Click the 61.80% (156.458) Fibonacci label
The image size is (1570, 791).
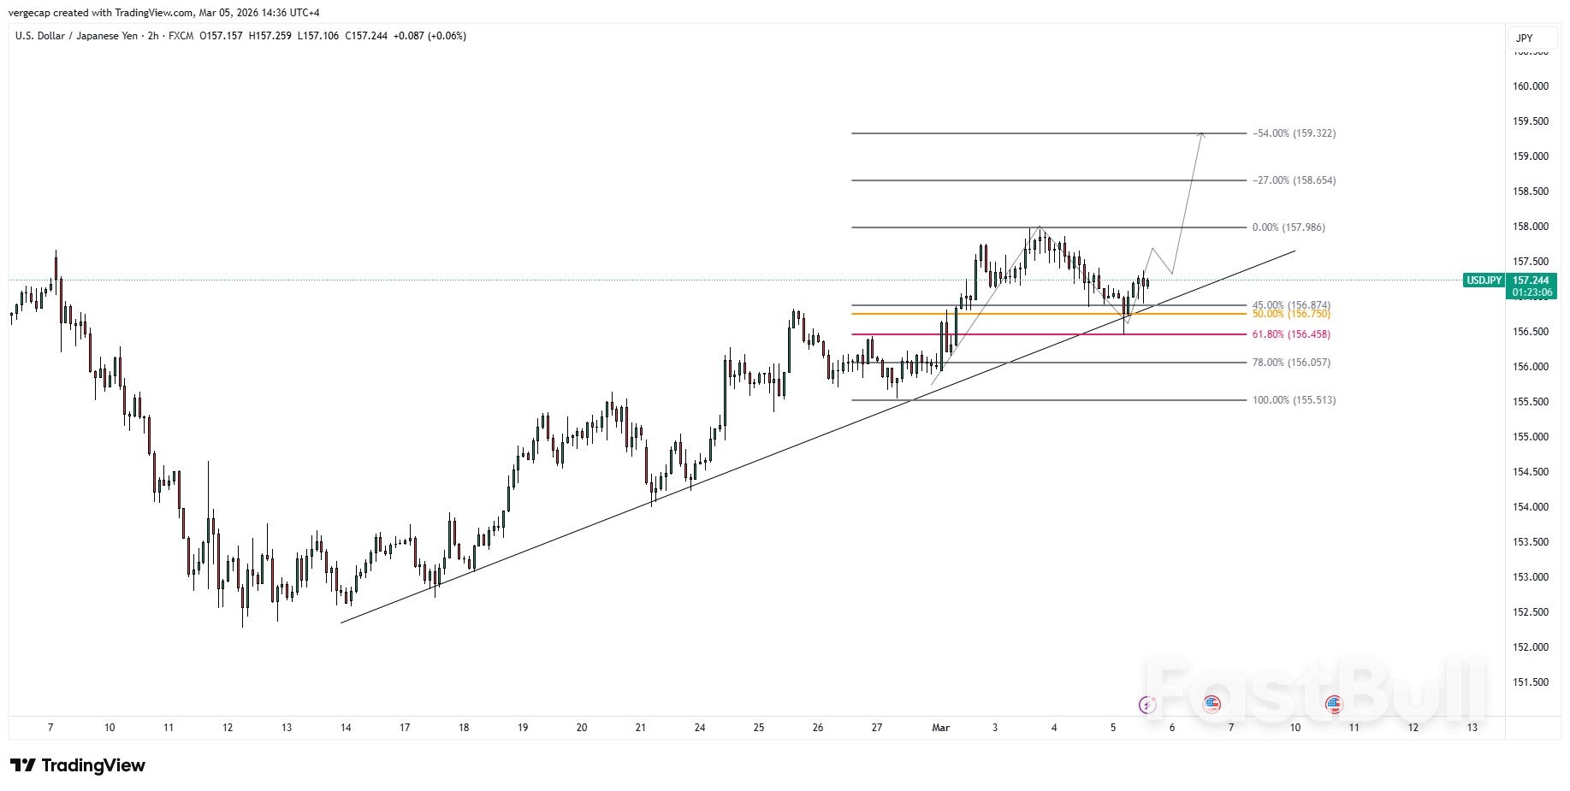(x=1291, y=334)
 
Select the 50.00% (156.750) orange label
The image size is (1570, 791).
(x=1291, y=314)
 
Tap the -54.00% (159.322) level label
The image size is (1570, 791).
(x=1294, y=133)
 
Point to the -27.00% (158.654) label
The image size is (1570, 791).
(x=1294, y=180)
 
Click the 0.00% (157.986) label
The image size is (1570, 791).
(x=1289, y=227)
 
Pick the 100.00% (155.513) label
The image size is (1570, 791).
(x=1294, y=400)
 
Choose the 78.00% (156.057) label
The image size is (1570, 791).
(x=1291, y=363)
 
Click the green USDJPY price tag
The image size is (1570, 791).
(x=1484, y=280)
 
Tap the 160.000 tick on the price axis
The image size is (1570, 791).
(x=1531, y=86)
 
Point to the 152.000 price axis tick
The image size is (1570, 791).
(x=1531, y=647)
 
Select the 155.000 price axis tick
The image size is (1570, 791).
(x=1531, y=437)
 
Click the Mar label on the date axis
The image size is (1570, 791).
(x=940, y=728)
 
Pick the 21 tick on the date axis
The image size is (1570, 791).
(x=641, y=728)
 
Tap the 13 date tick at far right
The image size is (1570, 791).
(x=1472, y=728)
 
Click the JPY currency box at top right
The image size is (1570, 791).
(x=1525, y=38)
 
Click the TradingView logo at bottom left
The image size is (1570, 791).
(x=78, y=765)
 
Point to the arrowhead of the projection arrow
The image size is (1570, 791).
(x=1202, y=134)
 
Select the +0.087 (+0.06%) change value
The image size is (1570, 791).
(x=430, y=36)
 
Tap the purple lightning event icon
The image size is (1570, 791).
(x=1147, y=705)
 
